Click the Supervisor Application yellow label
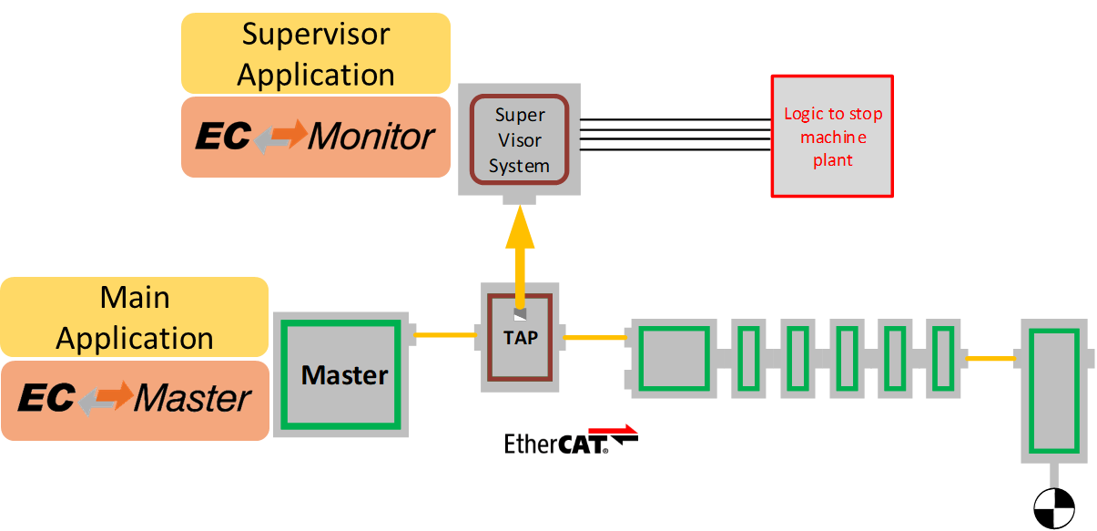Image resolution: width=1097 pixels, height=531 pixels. tap(316, 54)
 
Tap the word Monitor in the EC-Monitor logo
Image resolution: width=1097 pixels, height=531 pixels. tap(371, 138)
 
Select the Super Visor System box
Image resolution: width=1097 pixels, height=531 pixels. tap(519, 140)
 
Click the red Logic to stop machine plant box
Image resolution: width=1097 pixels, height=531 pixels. tap(832, 137)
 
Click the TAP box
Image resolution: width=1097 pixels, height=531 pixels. tap(520, 337)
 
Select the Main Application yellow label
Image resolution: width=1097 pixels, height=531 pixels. tap(135, 318)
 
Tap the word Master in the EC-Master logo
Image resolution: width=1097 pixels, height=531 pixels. tap(193, 399)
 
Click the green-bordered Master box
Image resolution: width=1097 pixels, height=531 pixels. tap(344, 374)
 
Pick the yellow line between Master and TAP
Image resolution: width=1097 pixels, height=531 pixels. tap(446, 335)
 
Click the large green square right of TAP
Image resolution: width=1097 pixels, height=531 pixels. tap(675, 358)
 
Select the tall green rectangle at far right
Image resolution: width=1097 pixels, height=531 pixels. tap(1053, 390)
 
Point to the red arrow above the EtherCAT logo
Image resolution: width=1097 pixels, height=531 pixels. tap(613, 430)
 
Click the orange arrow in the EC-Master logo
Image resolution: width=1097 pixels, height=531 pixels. tap(106, 397)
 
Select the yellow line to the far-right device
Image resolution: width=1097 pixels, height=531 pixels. tap(990, 359)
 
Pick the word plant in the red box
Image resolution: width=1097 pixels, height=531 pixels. tap(832, 160)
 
